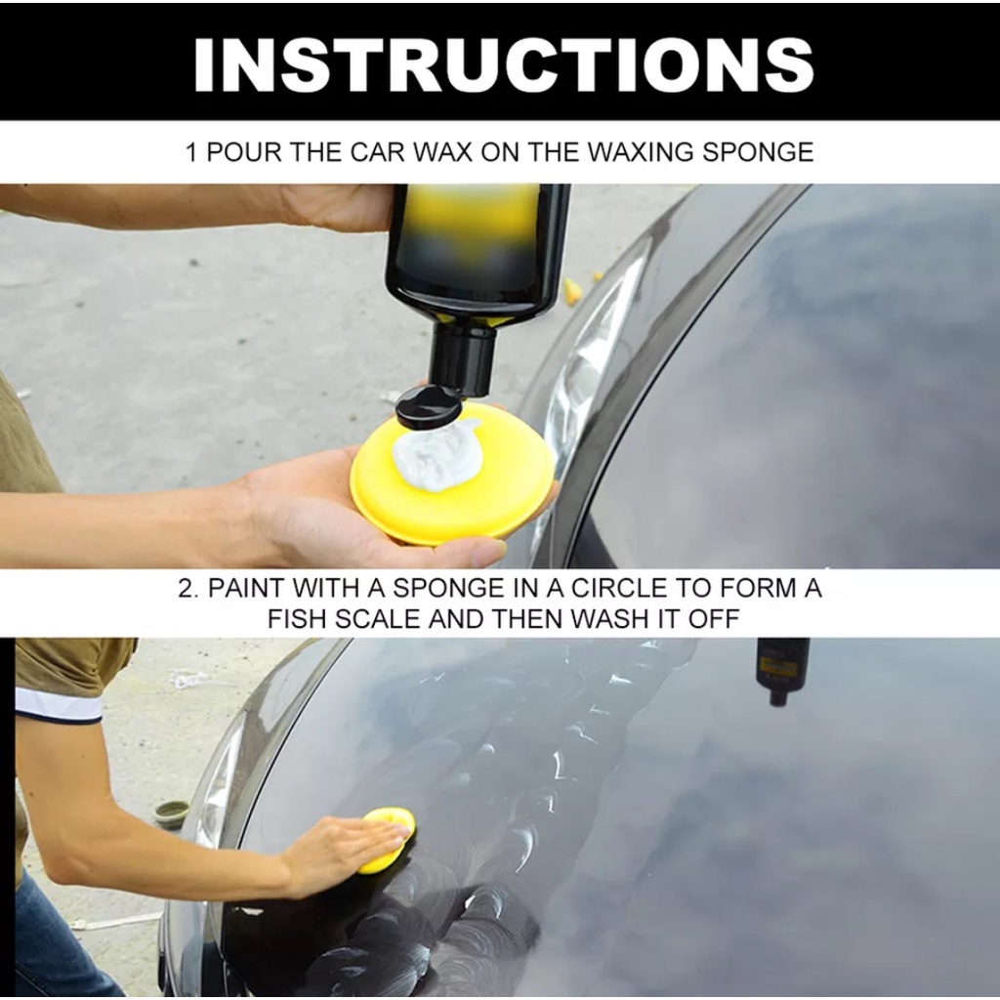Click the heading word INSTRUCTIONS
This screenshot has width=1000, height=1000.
tap(503, 64)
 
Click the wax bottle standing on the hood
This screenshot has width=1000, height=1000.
tap(782, 670)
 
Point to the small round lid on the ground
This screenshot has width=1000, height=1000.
tap(172, 812)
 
